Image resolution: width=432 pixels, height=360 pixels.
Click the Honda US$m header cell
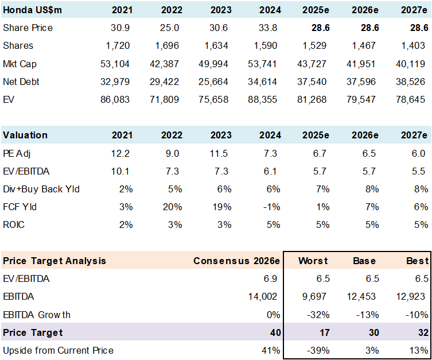[x=33, y=10]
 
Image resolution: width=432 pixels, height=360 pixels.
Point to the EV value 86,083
[x=114, y=99]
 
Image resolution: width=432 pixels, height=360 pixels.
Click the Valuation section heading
[x=25, y=135]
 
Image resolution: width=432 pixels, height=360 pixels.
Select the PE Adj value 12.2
[x=121, y=153]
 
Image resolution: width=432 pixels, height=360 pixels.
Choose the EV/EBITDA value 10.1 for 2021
[x=121, y=171]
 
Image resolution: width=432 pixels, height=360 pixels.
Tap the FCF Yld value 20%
[x=173, y=207]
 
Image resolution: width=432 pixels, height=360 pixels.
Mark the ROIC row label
[x=14, y=224]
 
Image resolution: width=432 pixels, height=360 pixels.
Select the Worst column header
[x=313, y=261]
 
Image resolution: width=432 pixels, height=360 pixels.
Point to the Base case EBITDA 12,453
[x=364, y=296]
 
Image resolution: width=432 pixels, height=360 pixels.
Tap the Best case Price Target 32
[x=422, y=332]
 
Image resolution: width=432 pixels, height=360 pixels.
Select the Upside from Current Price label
[x=58, y=350]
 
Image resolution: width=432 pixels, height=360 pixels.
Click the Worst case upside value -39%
[x=317, y=350]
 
